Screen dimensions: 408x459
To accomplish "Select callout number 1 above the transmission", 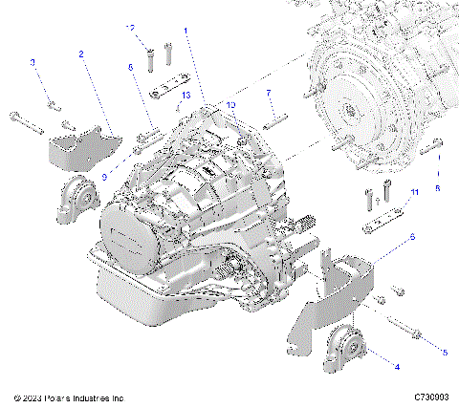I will [186, 32].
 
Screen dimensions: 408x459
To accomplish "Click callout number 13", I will [186, 96].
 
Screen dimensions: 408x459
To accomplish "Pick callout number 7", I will [270, 93].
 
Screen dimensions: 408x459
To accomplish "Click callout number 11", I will [414, 193].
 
